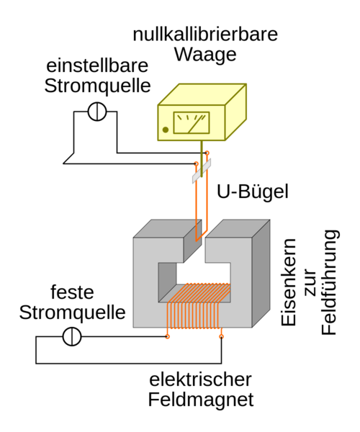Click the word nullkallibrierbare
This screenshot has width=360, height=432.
click(205, 35)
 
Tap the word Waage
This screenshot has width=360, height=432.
click(205, 55)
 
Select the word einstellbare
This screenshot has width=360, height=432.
click(97, 66)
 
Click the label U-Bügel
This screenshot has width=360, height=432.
click(253, 192)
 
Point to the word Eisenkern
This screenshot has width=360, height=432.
click(289, 282)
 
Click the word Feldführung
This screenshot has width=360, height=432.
click(329, 282)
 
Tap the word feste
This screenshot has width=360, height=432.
click(72, 292)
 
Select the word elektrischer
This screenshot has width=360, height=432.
click(200, 379)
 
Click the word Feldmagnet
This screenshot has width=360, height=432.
click(201, 400)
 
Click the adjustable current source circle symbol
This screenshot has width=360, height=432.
click(97, 112)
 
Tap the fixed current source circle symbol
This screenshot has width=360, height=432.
click(72, 336)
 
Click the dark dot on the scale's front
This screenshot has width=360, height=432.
click(166, 130)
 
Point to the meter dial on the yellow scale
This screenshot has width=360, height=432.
click(192, 122)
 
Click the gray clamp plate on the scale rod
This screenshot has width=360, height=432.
click(202, 171)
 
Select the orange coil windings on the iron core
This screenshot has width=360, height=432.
click(198, 306)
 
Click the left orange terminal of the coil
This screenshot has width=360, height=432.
click(167, 336)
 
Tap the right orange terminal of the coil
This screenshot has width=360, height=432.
click(221, 336)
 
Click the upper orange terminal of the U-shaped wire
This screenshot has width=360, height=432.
click(207, 153)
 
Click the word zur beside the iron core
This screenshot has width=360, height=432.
click(310, 282)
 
